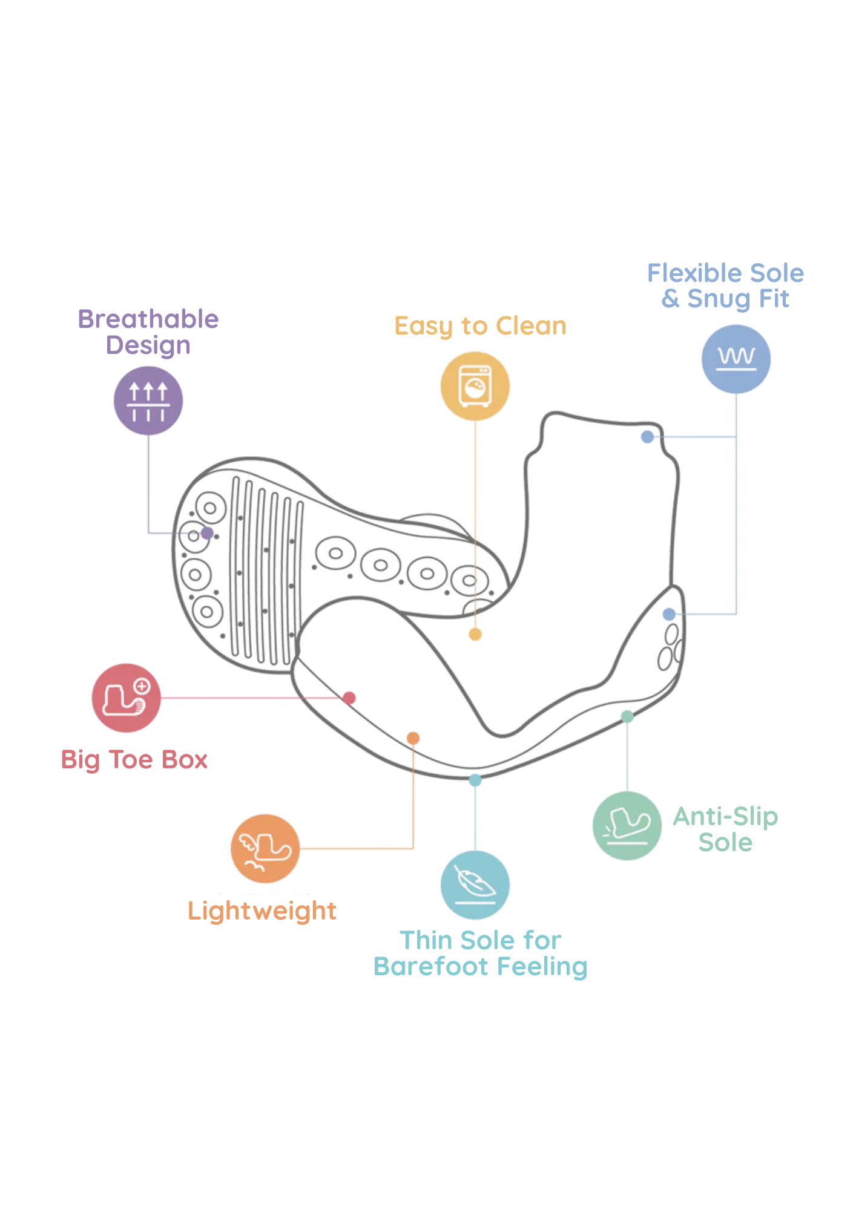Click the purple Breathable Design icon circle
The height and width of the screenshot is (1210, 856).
148,401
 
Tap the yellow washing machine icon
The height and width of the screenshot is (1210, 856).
475,386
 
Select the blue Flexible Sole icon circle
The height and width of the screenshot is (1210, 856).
736,359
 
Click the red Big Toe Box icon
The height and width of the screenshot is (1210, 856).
126,698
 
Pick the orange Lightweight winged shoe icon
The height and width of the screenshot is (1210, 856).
265,848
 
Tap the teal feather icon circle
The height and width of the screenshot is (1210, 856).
475,885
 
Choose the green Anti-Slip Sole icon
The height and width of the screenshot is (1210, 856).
627,826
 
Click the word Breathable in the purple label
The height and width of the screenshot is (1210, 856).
148,319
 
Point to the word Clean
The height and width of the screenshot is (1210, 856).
531,326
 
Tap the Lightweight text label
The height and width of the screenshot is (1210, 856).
262,911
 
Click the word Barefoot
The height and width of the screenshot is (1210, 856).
431,967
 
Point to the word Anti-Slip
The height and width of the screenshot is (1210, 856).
725,817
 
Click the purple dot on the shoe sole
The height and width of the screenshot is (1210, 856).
207,533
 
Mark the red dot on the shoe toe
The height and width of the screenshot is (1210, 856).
349,698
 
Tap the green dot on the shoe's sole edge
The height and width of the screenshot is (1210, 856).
627,716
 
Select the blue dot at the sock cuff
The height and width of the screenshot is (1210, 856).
647,436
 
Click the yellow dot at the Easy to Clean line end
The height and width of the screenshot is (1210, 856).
475,634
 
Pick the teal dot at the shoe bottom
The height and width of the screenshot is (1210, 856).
475,780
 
